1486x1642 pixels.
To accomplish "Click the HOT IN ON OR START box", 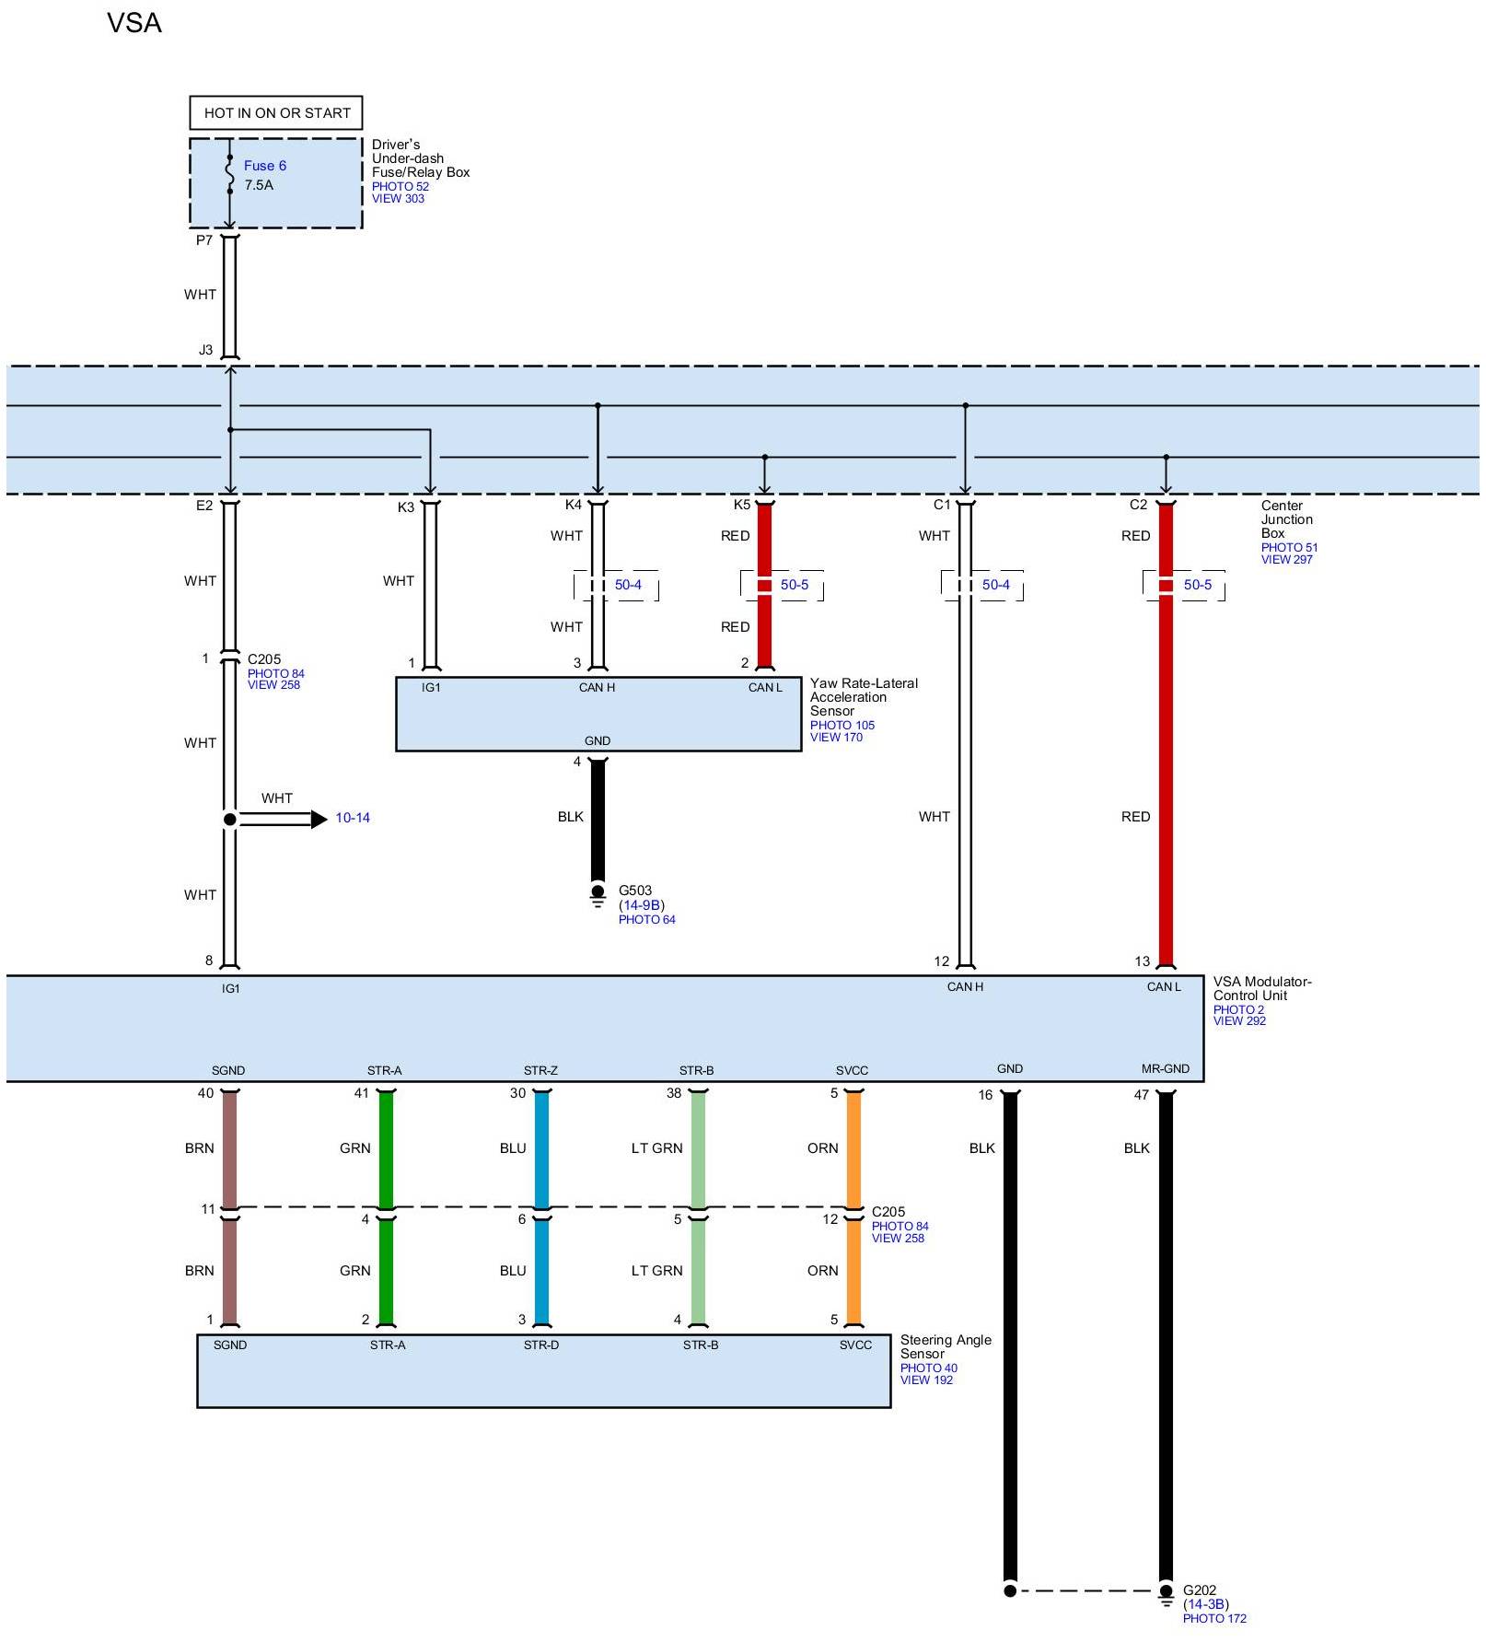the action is pos(276,113).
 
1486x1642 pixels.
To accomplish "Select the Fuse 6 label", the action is pos(264,166).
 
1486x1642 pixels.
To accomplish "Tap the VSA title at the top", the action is pos(134,23).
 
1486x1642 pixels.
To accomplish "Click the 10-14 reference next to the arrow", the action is pos(353,818).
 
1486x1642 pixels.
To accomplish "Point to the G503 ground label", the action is pos(634,891).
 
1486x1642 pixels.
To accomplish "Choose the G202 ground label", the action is pos(1200,1590).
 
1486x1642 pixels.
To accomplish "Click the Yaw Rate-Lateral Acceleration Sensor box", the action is pos(598,715).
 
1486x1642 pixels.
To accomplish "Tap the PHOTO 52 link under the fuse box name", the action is pos(400,186).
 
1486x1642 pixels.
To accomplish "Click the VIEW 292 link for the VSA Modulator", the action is pos(1239,1021).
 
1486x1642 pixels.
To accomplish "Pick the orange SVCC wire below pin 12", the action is pos(853,1272).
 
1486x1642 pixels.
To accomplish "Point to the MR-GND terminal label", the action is pos(1165,1069).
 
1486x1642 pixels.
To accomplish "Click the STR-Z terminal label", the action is pos(540,1070).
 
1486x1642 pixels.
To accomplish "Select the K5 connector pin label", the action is pos(742,505).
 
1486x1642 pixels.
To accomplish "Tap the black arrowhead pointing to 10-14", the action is pos(319,819).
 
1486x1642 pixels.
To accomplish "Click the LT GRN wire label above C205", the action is pos(656,1148).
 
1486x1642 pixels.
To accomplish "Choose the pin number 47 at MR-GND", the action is pos(1142,1095).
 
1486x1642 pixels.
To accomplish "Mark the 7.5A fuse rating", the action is pos(259,185).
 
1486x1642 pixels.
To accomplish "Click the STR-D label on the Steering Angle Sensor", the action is pos(541,1345).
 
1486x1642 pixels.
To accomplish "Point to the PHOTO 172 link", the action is pos(1214,1619).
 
